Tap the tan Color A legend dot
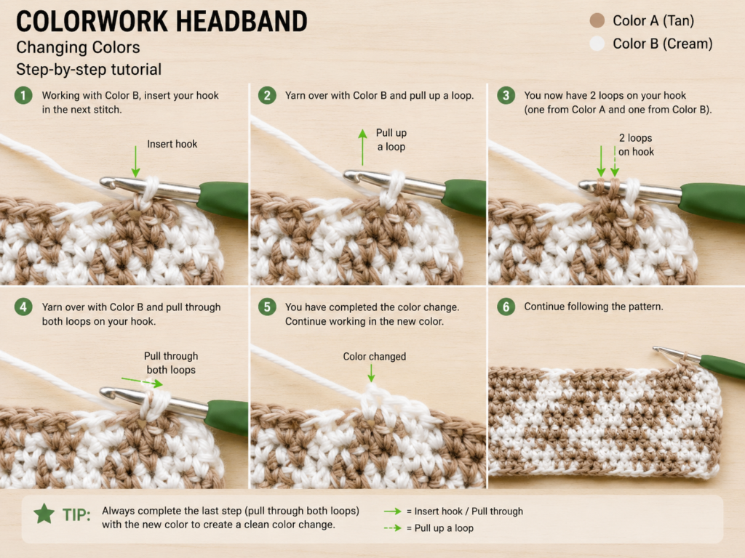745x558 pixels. [x=597, y=20]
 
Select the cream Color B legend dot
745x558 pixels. [x=597, y=44]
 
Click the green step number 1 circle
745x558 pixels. [x=23, y=95]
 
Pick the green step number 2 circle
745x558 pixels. [x=267, y=95]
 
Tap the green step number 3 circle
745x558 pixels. [x=506, y=95]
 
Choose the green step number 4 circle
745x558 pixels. [x=23, y=307]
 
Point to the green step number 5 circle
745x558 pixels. [x=267, y=307]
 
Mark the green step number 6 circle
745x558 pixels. [x=506, y=307]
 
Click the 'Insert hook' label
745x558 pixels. [x=172, y=144]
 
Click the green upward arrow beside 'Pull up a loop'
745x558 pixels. [x=362, y=147]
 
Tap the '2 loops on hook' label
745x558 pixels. [x=636, y=145]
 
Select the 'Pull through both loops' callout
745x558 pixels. [x=171, y=363]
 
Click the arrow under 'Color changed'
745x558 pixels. [x=371, y=373]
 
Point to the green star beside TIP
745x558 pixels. [x=44, y=514]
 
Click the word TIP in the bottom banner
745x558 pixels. [x=76, y=515]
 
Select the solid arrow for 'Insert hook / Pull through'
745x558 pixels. [x=392, y=511]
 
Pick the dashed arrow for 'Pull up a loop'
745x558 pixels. [x=392, y=527]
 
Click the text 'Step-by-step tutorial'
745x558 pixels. [x=89, y=69]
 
